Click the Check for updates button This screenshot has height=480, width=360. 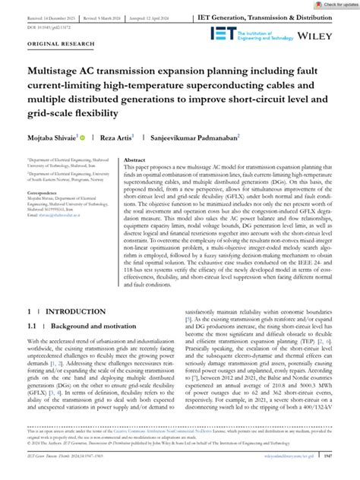click(330, 5)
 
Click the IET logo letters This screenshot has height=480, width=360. click(250, 36)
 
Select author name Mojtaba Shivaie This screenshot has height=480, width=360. click(52, 137)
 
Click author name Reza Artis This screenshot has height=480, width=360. click(115, 137)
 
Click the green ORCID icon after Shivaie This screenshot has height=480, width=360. click(82, 137)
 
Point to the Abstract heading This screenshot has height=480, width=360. click(134, 161)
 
